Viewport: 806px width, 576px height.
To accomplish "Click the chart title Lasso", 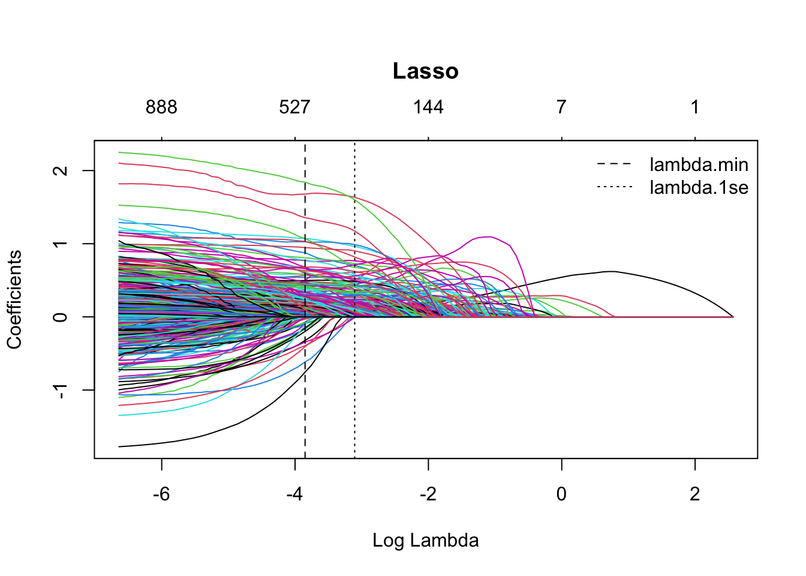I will point(425,71).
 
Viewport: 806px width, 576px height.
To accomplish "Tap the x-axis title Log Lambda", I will point(425,541).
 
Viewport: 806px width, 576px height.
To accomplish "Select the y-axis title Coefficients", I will point(14,299).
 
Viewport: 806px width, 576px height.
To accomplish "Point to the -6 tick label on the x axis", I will point(161,494).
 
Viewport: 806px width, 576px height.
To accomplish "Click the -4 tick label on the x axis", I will point(294,494).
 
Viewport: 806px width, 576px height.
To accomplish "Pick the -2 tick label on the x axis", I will point(428,494).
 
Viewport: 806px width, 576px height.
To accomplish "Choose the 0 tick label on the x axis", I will point(561,494).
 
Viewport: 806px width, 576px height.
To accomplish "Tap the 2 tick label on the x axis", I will point(694,494).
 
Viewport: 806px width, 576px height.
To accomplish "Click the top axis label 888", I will point(161,107).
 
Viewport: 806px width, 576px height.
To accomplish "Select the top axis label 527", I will point(294,107).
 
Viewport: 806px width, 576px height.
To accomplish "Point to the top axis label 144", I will point(428,107).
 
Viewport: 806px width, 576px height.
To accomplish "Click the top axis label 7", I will point(561,107).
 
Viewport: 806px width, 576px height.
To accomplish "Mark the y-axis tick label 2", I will point(60,170).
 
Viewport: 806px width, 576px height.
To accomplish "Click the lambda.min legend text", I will point(699,164).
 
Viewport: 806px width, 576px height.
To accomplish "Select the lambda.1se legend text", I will point(699,188).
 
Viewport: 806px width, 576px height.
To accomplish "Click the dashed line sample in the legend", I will point(615,164).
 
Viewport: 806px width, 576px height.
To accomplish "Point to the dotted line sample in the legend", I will point(615,188).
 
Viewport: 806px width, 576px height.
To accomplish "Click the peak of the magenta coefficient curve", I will point(491,237).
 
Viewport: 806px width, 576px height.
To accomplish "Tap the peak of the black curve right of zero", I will point(610,272).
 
